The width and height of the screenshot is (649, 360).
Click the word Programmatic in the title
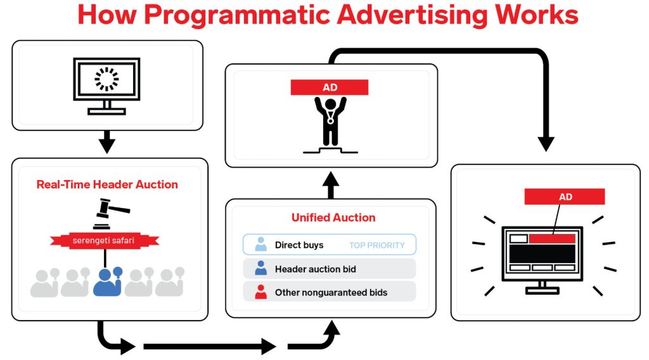point(250,16)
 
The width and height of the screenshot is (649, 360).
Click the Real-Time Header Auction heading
point(107,185)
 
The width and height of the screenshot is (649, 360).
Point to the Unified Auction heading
point(333,217)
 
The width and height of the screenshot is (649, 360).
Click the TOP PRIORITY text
point(376,245)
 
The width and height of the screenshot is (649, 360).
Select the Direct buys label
point(299,245)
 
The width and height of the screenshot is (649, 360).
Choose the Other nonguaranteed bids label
point(331,293)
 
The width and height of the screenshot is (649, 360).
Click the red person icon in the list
point(260,292)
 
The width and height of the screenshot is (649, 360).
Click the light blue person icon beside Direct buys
point(260,244)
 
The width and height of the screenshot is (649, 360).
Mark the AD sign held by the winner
point(330,87)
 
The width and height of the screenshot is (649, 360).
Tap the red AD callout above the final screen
point(565,196)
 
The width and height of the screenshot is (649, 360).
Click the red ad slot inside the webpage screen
point(552,239)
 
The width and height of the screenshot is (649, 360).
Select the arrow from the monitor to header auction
point(107,142)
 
